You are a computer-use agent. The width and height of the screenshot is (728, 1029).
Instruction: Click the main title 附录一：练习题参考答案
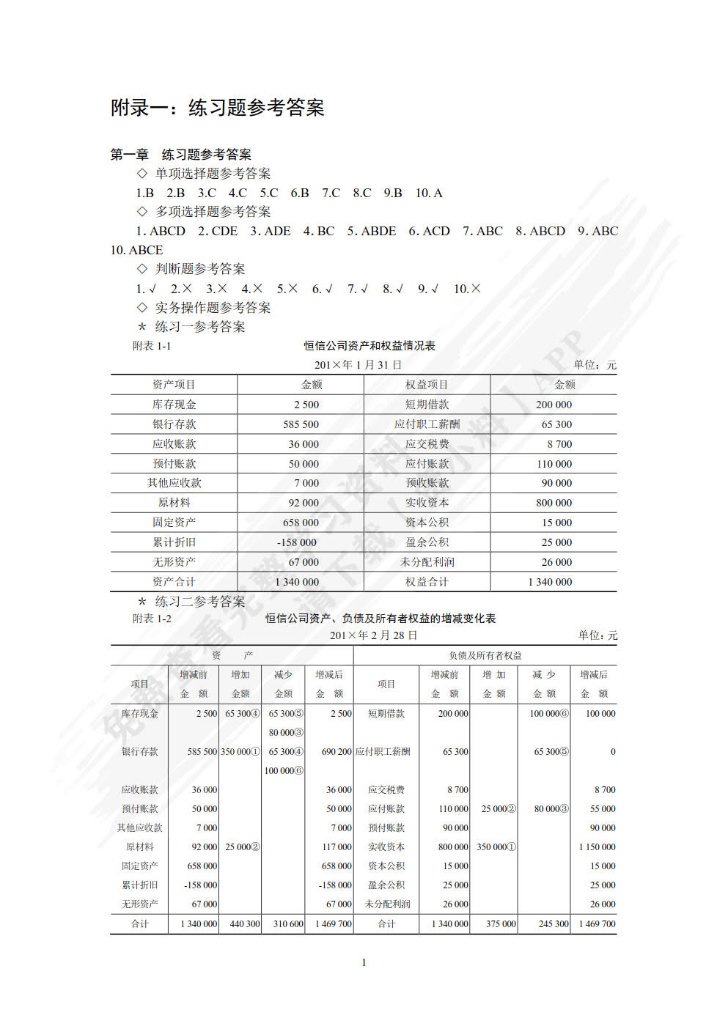tap(217, 108)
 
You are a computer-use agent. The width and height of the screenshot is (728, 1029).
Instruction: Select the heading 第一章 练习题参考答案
tap(180, 155)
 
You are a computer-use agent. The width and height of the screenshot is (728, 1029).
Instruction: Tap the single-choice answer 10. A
tap(429, 193)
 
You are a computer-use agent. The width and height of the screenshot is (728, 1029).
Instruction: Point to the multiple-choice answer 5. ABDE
tap(372, 231)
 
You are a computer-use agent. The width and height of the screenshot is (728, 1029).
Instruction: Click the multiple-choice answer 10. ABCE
tap(136, 250)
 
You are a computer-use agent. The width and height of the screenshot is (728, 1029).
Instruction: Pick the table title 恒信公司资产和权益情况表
tap(369, 345)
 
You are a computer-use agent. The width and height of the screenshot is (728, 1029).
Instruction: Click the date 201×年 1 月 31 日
tap(358, 365)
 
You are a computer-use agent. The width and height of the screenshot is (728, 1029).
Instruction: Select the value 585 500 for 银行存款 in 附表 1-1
tap(301, 424)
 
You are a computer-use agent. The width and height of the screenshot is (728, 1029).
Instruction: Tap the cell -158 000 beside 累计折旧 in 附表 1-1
tap(297, 542)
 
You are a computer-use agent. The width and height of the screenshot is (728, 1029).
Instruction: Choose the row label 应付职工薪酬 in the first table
tap(427, 424)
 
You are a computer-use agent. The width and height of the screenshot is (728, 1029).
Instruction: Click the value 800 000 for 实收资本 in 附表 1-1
tap(554, 503)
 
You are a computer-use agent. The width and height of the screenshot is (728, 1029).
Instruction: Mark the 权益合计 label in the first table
tap(427, 582)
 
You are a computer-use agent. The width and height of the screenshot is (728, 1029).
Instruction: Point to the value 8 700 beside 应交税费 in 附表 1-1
tap(559, 444)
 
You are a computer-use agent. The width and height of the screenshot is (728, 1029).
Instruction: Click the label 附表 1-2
tap(152, 619)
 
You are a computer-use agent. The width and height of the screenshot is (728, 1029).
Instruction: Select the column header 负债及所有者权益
tap(485, 655)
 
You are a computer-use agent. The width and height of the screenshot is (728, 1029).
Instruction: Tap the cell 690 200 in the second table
tap(337, 751)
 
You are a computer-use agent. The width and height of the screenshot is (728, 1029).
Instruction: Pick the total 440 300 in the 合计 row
tap(245, 924)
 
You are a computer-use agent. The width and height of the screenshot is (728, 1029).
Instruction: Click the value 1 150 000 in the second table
tap(597, 847)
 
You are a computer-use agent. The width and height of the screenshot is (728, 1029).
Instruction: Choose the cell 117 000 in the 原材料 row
tap(337, 847)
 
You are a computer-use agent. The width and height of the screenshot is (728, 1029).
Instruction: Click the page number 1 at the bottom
tap(364, 962)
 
